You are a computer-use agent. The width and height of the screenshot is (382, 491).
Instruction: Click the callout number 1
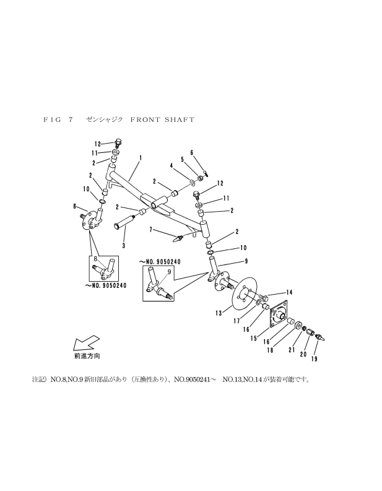click(141, 158)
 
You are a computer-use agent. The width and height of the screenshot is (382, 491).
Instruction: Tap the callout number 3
click(124, 246)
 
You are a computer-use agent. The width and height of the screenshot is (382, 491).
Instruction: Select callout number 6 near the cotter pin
click(192, 152)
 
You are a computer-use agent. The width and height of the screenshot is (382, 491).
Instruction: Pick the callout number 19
click(315, 359)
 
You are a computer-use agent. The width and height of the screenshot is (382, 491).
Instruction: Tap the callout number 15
click(254, 338)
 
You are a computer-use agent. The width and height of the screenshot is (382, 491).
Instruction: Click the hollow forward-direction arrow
click(86, 343)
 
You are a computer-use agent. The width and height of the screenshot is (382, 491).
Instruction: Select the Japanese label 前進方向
click(87, 356)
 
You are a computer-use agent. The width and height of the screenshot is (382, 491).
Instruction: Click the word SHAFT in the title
click(179, 119)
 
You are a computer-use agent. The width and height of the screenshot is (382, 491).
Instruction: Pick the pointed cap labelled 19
click(319, 338)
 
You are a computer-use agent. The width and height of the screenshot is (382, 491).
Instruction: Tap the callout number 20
click(303, 354)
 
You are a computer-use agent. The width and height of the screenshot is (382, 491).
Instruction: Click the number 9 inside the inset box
click(169, 272)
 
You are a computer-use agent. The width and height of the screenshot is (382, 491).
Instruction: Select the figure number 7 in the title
click(71, 119)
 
